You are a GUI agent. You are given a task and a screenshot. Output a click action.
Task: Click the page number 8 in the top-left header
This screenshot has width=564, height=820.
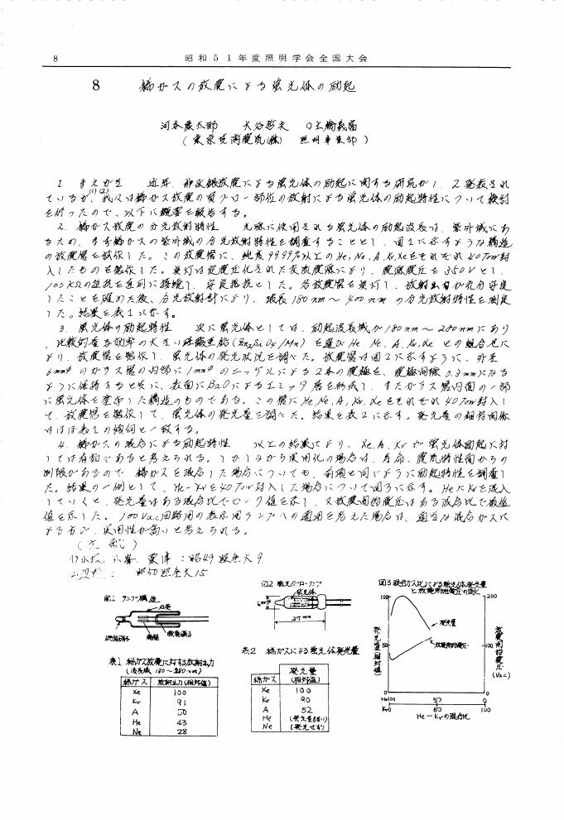click(x=54, y=59)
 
